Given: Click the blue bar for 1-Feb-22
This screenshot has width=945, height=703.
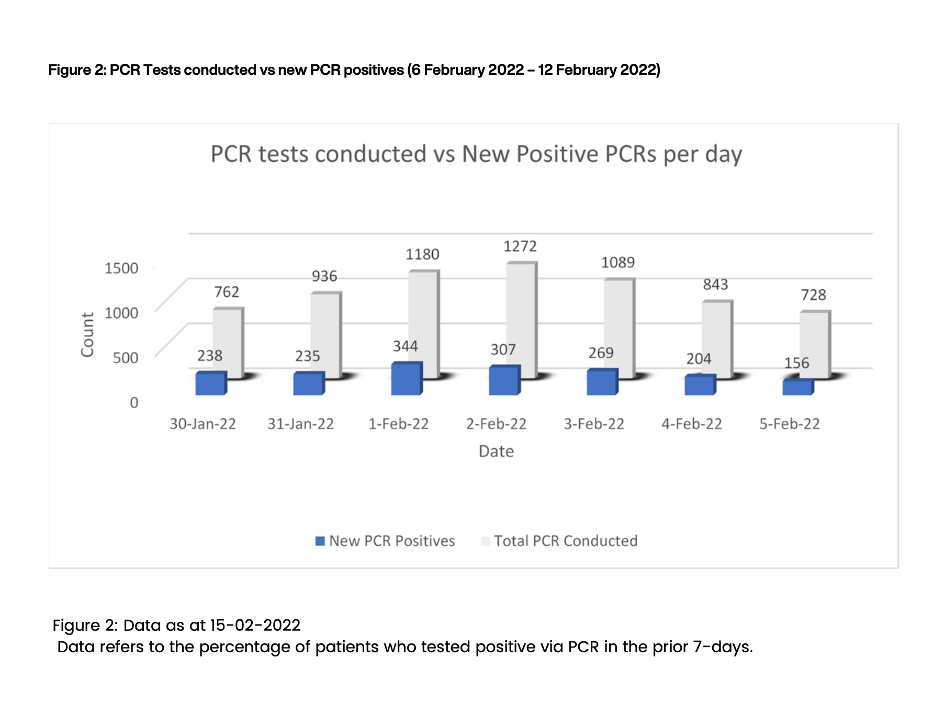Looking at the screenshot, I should (x=406, y=379).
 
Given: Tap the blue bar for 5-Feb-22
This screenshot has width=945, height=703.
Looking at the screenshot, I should (x=797, y=387).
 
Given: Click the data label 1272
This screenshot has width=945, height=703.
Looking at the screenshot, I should (x=520, y=246).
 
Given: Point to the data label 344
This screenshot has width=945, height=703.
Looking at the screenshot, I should (x=406, y=346).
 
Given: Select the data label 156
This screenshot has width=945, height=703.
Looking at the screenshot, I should (x=796, y=363).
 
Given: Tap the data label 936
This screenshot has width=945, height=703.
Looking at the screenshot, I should (x=324, y=276).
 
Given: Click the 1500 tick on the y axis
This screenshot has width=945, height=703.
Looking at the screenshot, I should (x=121, y=268).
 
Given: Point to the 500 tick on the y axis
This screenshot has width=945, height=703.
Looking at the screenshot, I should (x=126, y=358).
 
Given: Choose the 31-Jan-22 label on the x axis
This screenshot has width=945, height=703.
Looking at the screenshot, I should (x=301, y=424).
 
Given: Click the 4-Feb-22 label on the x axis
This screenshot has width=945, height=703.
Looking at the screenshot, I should (x=692, y=424).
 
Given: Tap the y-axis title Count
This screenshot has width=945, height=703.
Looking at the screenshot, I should (x=87, y=335).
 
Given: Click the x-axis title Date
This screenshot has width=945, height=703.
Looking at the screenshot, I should (x=496, y=451).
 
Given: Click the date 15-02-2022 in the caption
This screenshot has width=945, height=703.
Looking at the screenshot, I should (x=255, y=626).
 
